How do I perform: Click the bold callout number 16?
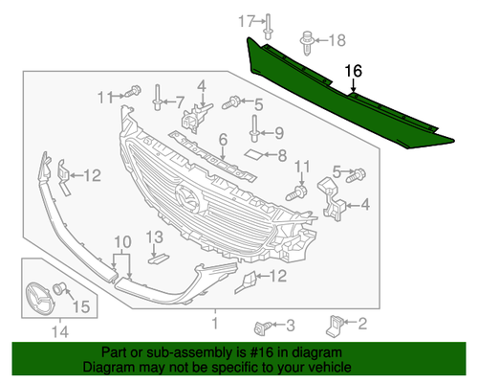[x=354, y=71]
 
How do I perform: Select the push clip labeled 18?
[x=307, y=43]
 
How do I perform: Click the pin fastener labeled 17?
[x=268, y=27]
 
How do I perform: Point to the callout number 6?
[x=223, y=140]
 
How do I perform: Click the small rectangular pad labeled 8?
[x=253, y=154]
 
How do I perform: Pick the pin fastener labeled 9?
[x=254, y=128]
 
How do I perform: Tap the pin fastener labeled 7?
[x=157, y=98]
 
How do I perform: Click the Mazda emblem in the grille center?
[x=188, y=197]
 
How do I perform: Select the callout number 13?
[x=155, y=237]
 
